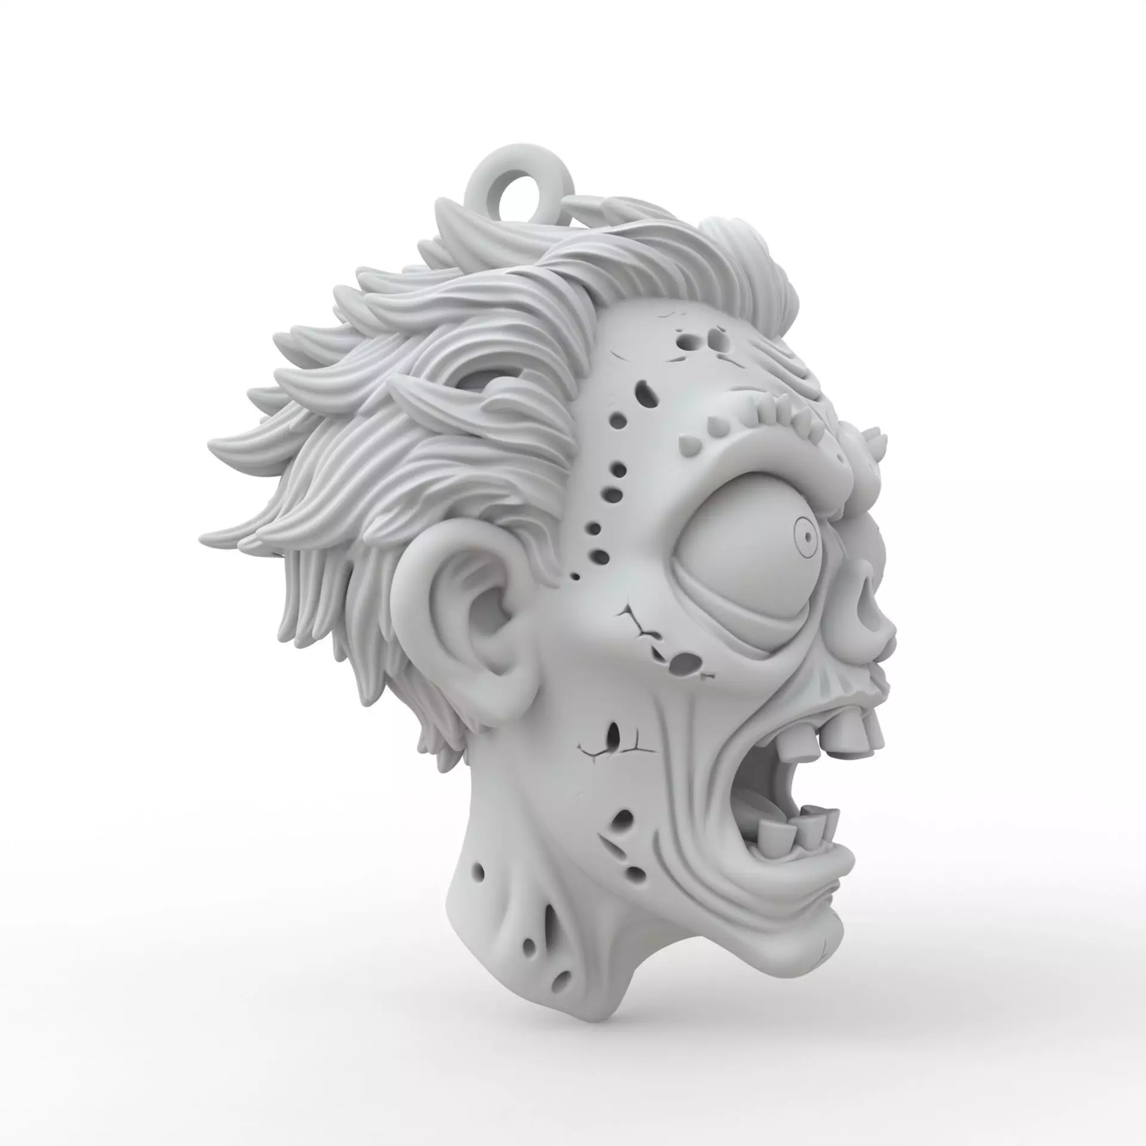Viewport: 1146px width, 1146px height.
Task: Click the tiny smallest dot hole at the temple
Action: (575, 577)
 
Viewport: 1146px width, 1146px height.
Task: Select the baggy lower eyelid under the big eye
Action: (740, 627)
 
